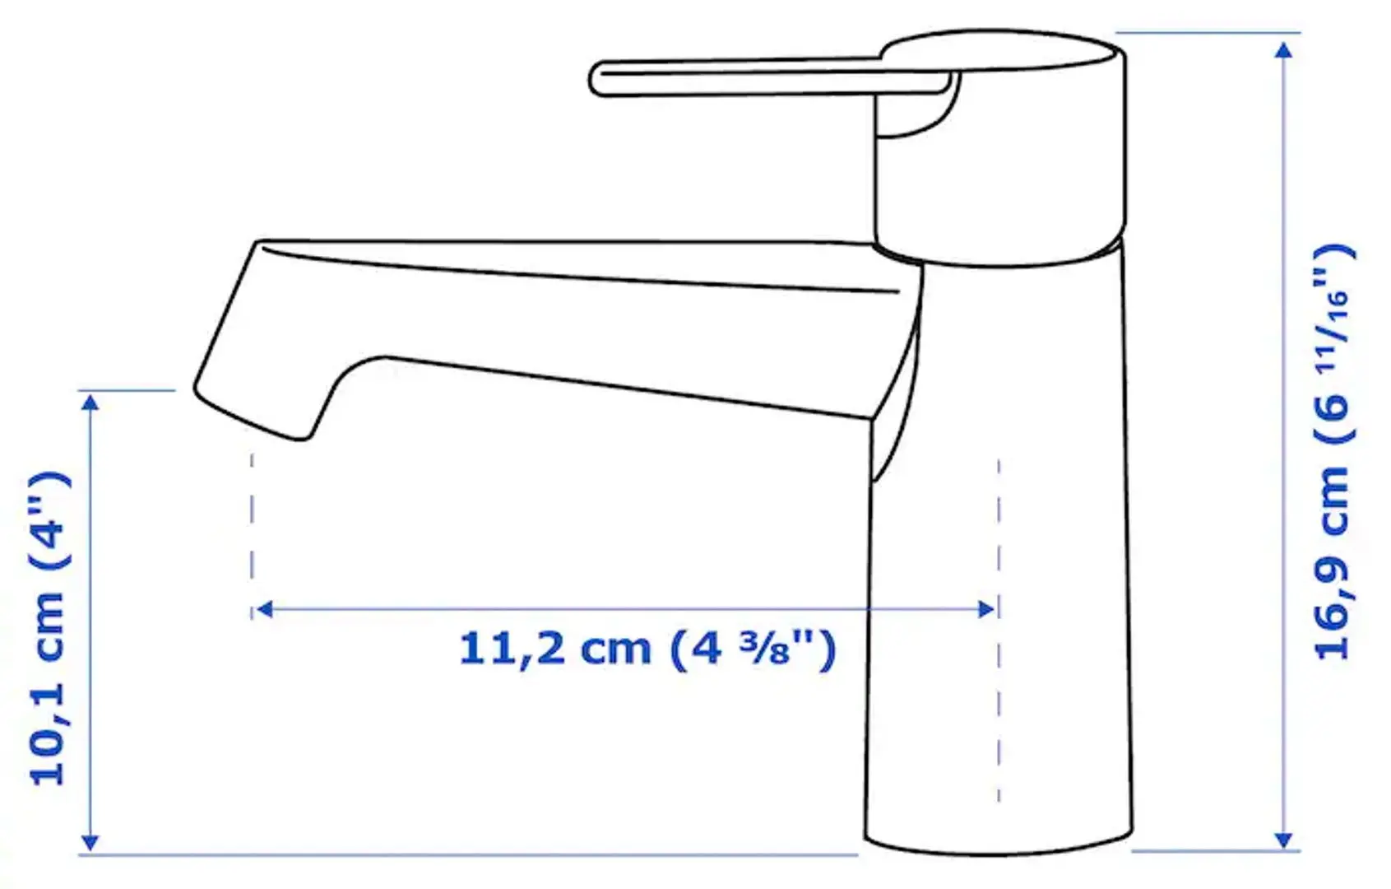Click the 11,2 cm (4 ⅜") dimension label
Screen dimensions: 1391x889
[647, 650]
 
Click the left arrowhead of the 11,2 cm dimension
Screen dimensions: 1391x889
[264, 609]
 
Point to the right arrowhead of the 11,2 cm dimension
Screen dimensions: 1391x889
[987, 609]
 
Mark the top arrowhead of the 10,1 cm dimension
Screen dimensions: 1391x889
[90, 403]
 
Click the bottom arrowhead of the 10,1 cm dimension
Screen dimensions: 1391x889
[90, 842]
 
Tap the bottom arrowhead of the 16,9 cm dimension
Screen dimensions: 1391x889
[1283, 840]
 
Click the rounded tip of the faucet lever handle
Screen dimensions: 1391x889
[597, 79]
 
